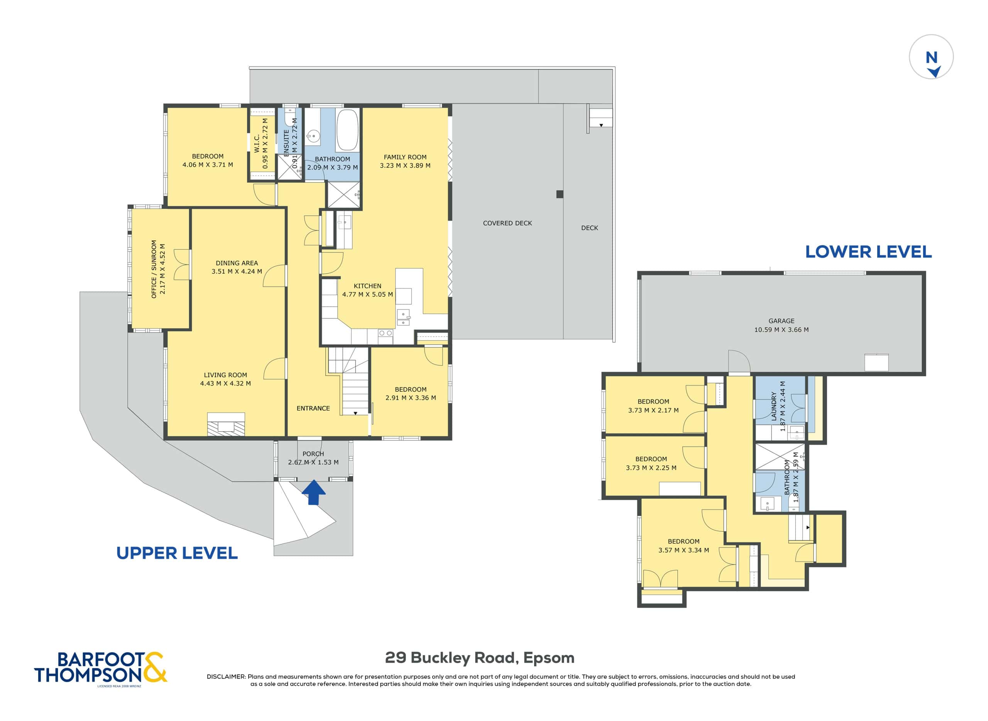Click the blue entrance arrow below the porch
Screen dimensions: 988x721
coord(314,492)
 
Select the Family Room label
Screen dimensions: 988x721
coord(405,157)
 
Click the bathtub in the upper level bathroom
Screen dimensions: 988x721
coord(347,130)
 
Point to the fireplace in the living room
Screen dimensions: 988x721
coord(226,424)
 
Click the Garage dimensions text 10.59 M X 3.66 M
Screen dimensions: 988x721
coord(781,330)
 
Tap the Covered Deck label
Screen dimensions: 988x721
coord(507,223)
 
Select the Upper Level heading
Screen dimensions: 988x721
coord(177,553)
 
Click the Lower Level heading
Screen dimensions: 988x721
coord(868,252)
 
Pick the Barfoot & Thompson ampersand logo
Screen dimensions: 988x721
coord(154,667)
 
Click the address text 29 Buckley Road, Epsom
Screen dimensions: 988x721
coord(480,658)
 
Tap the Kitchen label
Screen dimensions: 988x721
coord(367,286)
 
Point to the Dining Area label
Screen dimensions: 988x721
coord(237,263)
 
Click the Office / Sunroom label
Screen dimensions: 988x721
coord(154,269)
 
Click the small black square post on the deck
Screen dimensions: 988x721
coord(560,194)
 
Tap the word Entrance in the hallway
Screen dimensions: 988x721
coord(313,408)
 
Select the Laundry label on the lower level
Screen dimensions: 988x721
coord(774,406)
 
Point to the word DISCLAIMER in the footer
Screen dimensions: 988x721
coord(226,677)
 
